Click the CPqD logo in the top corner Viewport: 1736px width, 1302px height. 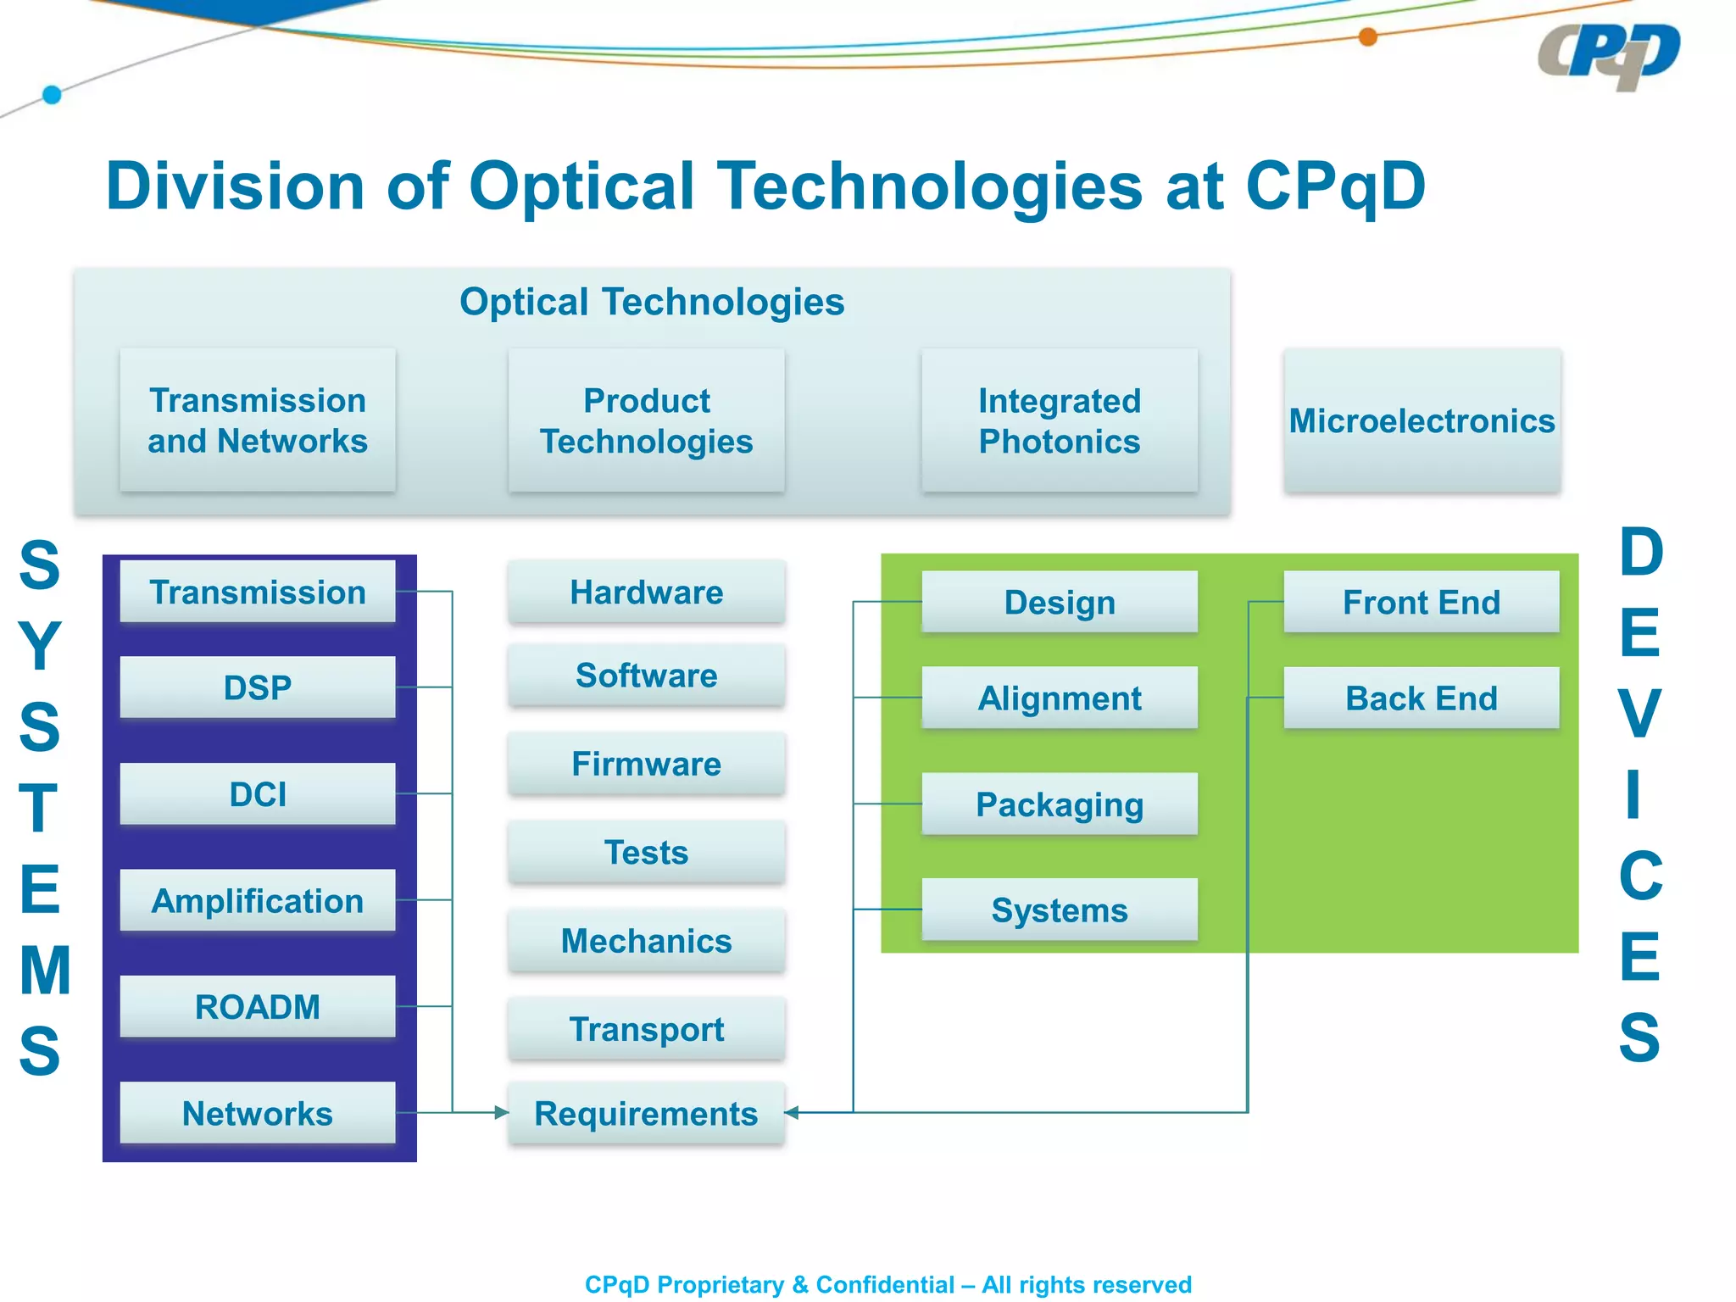coord(1608,55)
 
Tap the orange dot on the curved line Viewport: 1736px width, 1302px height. coord(1367,36)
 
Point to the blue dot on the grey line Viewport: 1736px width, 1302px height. coord(52,94)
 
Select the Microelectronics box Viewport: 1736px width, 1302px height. coord(1422,420)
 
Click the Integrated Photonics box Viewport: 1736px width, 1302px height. coord(1059,420)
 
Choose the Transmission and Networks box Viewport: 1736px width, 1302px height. coord(258,420)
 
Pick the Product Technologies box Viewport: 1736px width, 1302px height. coord(646,420)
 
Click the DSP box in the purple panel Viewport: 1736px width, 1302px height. coord(258,687)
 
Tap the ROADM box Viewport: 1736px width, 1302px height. coord(258,1006)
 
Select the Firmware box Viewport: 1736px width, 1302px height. coord(646,764)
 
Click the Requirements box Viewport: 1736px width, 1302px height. coord(646,1113)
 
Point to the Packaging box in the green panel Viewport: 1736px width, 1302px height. coord(1059,804)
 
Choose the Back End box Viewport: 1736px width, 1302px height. coord(1421,698)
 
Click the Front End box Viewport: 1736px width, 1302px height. coord(1421,602)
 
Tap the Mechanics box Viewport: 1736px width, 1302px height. coord(646,940)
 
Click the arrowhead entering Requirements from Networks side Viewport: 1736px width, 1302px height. coord(501,1112)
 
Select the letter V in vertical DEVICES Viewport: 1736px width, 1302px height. coord(1639,714)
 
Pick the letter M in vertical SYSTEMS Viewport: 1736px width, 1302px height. coord(44,971)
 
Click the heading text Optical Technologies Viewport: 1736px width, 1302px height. coord(651,302)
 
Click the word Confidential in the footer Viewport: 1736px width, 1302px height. coord(885,1284)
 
